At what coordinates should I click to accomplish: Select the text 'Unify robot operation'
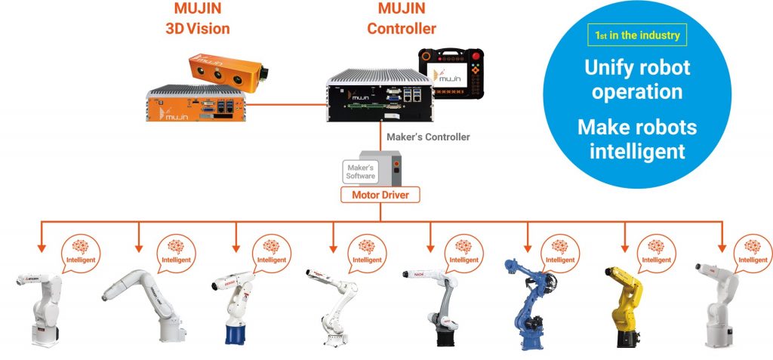coord(637,78)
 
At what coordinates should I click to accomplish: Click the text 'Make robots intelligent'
coord(637,138)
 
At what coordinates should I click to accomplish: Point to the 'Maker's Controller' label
coord(427,137)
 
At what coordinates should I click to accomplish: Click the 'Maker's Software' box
coord(360,171)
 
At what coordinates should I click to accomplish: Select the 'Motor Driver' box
coord(380,195)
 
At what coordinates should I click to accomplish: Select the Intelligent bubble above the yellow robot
coord(656,253)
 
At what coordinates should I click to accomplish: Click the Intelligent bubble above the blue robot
coord(560,253)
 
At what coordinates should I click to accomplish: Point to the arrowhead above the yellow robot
coord(624,247)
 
